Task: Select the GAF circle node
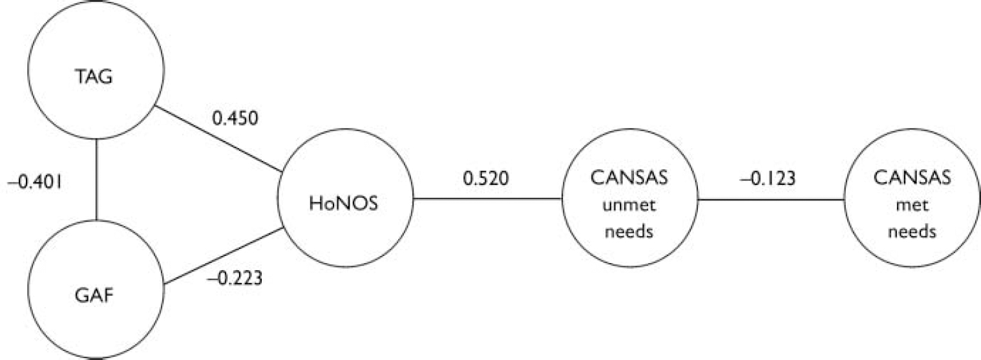(x=96, y=287)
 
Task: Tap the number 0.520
(x=485, y=177)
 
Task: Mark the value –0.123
(x=768, y=177)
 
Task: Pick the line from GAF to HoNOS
(x=223, y=255)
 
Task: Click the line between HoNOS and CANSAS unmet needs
(x=488, y=199)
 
